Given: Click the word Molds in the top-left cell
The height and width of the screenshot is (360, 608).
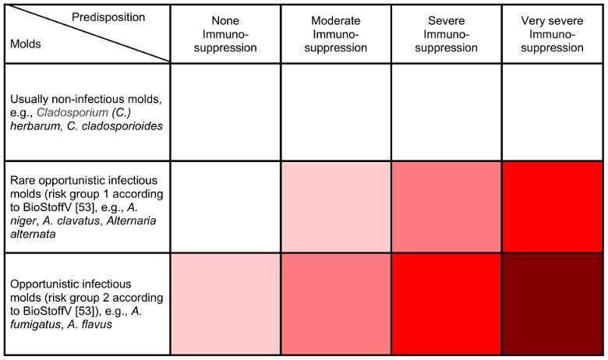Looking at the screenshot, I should coord(25,44).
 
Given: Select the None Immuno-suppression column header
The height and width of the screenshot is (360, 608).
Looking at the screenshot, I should coord(225,34).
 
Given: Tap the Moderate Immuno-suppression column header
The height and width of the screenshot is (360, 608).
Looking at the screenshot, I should coord(336,34).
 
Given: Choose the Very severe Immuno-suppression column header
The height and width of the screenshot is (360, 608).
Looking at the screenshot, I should coord(552,34).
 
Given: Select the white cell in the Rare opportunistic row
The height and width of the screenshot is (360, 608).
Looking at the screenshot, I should coord(225,206).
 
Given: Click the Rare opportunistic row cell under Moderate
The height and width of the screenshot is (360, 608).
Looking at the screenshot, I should coord(336,206).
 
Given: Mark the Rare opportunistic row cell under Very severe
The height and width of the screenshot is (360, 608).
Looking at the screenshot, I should coord(552,206).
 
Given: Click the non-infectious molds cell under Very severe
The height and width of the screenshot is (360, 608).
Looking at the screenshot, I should coord(552,112).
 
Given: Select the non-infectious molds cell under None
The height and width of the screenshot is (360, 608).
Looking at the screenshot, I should coord(225,112).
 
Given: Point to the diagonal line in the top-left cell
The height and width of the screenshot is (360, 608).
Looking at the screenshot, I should coord(86,33).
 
